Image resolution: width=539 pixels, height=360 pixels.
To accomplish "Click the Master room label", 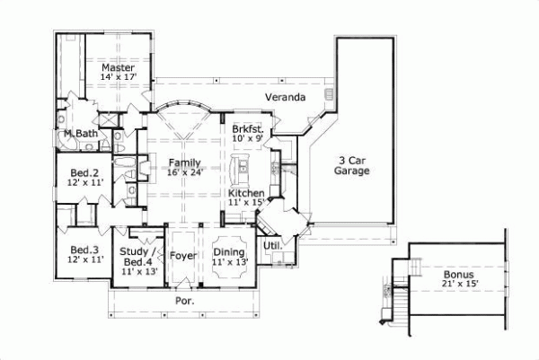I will (118, 67).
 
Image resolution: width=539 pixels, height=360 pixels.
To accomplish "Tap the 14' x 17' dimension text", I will (118, 79).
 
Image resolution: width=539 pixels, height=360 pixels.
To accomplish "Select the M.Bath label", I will (80, 135).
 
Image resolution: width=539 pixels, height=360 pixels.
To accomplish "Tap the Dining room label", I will (229, 252).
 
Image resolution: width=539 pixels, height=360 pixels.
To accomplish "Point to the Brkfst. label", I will (247, 127).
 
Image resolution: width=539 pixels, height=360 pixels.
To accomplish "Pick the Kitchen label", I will (245, 193).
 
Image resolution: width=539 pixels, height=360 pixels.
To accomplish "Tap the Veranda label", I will (286, 96).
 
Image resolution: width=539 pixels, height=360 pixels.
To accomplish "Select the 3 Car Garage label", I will (353, 164).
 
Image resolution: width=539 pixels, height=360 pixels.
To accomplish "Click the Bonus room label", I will (459, 274).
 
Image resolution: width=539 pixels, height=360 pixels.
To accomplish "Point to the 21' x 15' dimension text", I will (459, 285).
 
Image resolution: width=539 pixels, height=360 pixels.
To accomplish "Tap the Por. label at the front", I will (185, 302).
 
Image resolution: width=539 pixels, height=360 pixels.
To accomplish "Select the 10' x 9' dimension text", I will (247, 138).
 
